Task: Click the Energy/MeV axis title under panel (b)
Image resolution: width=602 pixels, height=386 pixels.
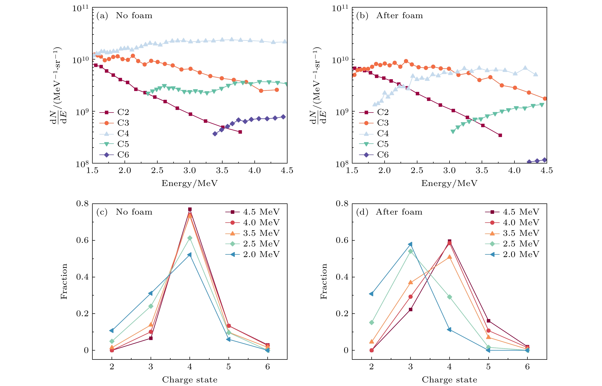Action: pos(449,183)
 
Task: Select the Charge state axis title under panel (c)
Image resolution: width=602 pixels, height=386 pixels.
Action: pos(190,380)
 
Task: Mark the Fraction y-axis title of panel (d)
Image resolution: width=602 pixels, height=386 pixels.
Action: pos(324,281)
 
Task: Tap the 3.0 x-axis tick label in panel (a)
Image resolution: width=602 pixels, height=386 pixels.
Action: pos(190,171)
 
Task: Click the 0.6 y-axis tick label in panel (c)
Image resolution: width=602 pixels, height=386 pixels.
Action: pos(82,240)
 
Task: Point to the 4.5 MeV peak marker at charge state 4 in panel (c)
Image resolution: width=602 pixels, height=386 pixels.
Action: pos(190,209)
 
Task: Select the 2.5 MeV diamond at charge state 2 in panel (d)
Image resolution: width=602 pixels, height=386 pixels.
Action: pos(372,322)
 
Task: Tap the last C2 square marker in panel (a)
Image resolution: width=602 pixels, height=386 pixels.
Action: pos(240,132)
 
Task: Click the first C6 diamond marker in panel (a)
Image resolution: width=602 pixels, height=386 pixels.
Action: pos(215,134)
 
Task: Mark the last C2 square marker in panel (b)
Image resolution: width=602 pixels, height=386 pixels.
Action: pos(500,135)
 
